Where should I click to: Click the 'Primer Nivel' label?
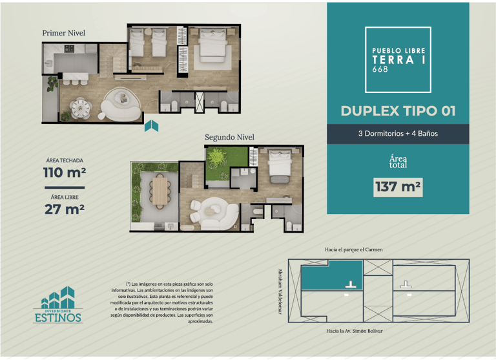point(63,33)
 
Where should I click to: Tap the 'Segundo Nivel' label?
point(229,137)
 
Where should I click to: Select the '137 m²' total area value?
point(398,187)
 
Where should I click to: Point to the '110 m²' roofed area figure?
point(65,173)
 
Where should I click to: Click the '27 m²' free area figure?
point(65,209)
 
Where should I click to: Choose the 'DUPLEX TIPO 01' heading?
point(398,111)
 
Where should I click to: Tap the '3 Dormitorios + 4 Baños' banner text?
point(398,134)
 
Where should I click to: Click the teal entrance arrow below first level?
point(151,125)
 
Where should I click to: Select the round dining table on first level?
point(81,109)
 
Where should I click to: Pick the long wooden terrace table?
point(160,191)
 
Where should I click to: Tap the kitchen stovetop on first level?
point(69,48)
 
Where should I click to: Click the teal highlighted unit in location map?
point(332,275)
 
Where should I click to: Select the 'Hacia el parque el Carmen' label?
point(354,249)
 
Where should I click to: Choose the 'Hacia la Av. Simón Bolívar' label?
point(355,331)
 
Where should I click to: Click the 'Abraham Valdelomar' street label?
point(280,291)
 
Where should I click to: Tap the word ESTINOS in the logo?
point(58,317)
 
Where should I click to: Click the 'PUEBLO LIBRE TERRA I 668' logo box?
point(398,60)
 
